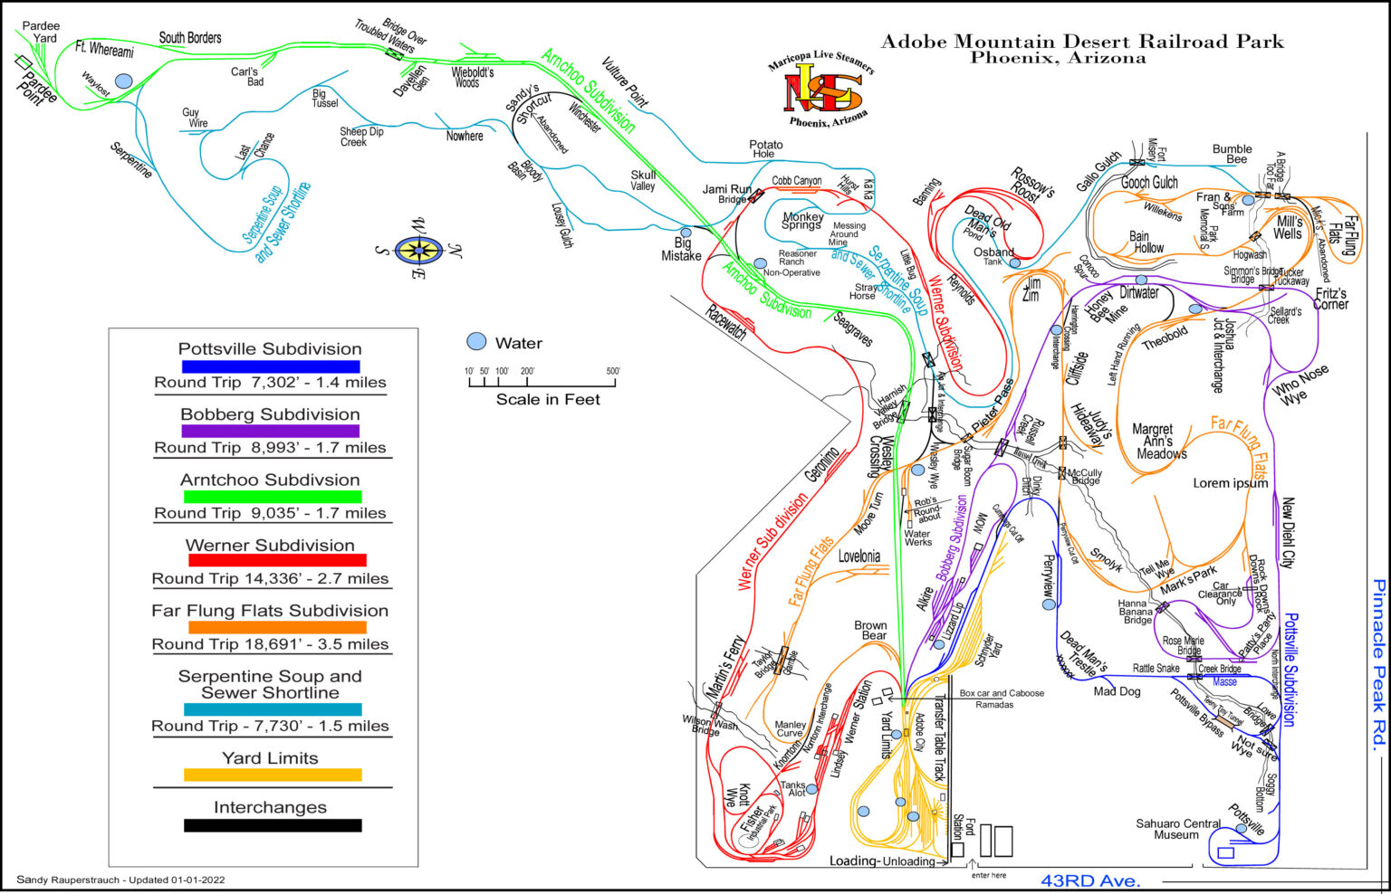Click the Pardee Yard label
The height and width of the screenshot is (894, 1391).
coord(41,32)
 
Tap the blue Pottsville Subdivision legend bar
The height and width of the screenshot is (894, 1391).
coord(271,366)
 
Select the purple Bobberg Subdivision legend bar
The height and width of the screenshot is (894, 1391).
coord(271,432)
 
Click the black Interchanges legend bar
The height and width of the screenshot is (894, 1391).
coord(273,825)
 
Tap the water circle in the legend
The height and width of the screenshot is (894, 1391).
coord(475,342)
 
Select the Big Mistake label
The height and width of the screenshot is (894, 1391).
coord(681,249)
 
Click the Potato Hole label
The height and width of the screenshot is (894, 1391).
coord(765,149)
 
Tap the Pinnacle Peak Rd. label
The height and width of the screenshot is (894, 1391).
coord(1378,664)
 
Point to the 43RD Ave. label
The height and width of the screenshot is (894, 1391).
coord(1090,880)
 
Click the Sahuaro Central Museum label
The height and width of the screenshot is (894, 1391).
coord(1177,829)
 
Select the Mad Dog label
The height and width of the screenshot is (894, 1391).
coord(1117,691)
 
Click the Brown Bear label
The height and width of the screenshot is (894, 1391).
coord(871,630)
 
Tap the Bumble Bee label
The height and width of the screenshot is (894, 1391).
coord(1233,154)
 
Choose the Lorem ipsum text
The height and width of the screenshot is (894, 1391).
coord(1230,483)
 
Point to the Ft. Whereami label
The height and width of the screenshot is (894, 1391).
coord(104,50)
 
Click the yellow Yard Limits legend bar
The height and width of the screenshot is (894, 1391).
coord(273,775)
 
